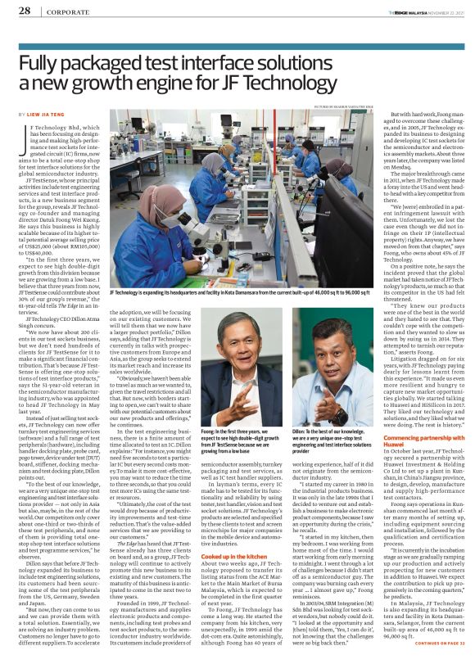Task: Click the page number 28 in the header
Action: tap(25, 11)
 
